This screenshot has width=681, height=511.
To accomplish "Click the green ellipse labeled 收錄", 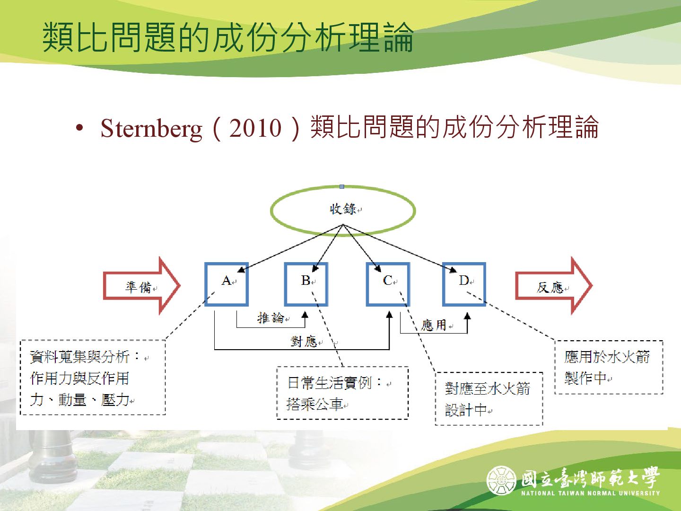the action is [343, 210].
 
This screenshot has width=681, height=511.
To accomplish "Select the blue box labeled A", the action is [227, 284].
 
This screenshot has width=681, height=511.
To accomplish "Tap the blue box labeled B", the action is [306, 284].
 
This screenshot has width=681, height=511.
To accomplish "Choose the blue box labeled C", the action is [388, 284].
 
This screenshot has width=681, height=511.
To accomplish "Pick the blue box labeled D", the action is [464, 284].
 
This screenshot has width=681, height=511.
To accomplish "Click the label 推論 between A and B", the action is [271, 317].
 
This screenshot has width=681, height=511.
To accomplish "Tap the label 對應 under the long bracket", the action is [304, 341].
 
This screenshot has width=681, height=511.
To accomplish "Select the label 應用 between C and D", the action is [434, 325].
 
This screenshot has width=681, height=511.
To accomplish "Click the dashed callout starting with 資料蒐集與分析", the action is [93, 378].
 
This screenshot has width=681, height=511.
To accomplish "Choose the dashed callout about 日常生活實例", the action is [342, 393].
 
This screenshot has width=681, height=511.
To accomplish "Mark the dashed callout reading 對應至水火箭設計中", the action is [489, 399].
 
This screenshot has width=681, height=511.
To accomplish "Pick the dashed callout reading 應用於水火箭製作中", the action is [608, 367].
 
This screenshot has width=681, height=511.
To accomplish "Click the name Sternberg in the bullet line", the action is [151, 128].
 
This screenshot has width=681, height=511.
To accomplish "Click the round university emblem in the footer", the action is [501, 480].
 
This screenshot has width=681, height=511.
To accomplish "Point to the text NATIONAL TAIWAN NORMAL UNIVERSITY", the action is [590, 493].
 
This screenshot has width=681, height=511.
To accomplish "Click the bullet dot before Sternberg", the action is [79, 128].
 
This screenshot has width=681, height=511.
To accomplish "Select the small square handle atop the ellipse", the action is [342, 186].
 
